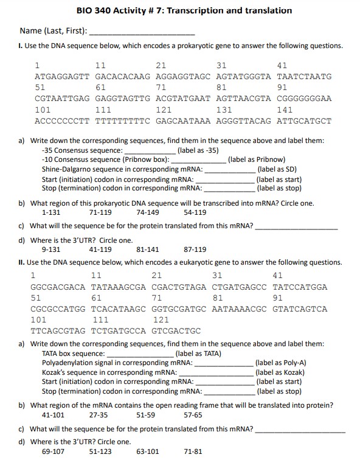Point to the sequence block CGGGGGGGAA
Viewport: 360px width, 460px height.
point(304,99)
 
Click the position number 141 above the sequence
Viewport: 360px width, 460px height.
point(284,110)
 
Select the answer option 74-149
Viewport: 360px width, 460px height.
point(148,212)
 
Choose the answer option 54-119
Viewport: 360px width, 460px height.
point(195,212)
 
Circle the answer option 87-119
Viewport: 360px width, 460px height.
point(195,249)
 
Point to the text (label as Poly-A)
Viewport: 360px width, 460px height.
point(280,363)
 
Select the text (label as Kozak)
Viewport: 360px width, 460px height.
point(280,372)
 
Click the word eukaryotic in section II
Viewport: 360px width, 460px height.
point(202,262)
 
